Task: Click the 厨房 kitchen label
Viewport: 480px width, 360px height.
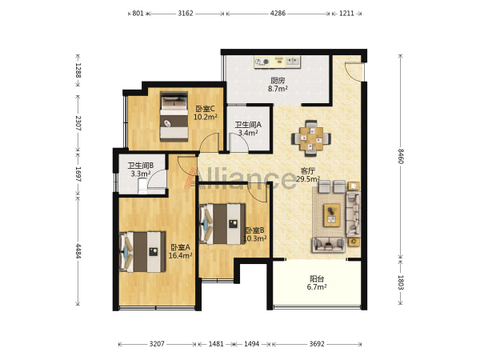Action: pos(278,81)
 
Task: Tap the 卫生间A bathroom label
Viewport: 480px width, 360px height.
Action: pos(248,125)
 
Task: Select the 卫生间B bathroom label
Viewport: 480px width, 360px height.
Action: pos(141,166)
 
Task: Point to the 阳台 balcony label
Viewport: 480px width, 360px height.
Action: pos(317,279)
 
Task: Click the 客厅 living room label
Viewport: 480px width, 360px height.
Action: pos(308,171)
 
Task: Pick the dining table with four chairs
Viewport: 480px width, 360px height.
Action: pos(311,138)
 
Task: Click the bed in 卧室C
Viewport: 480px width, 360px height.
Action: pos(174,117)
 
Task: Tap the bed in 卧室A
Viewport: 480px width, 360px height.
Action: pos(142,252)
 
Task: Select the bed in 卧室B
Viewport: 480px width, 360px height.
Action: pos(222,224)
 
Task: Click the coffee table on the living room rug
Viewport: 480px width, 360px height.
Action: pos(332,215)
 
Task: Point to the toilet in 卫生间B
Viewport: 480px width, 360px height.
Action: pos(142,186)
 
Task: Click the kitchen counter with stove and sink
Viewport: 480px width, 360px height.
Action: pos(278,62)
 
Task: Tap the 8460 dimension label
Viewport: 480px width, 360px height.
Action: pos(401,156)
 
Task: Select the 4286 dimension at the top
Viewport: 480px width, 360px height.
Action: pos(278,14)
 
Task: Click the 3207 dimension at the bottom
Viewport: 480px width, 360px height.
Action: pos(157,344)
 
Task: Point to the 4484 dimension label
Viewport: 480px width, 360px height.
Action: pos(78,251)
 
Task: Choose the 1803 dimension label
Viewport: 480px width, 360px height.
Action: pos(401,282)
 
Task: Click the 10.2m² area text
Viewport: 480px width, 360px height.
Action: pos(205,117)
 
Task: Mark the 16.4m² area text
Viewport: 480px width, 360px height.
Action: pos(180,255)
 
